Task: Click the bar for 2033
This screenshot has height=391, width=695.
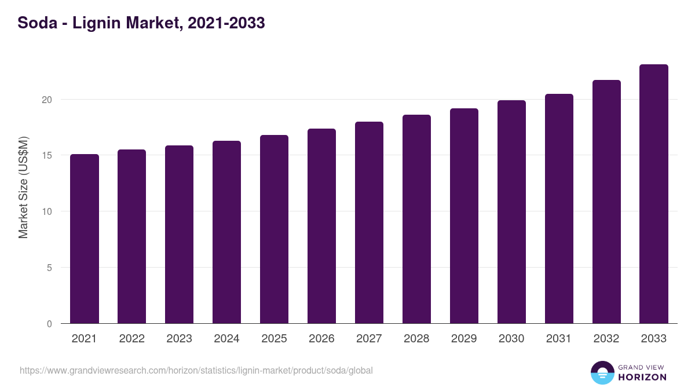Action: click(x=654, y=194)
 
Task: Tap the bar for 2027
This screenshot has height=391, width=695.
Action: click(x=369, y=222)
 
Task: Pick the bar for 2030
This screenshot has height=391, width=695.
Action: click(x=511, y=212)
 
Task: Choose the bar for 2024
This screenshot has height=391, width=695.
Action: click(x=226, y=232)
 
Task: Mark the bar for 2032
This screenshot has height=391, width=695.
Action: click(x=606, y=202)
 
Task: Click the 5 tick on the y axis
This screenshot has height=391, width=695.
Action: click(x=49, y=268)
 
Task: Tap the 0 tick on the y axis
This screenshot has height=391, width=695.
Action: click(x=49, y=324)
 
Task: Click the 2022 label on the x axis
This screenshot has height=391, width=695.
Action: click(x=131, y=339)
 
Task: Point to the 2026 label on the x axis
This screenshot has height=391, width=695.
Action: click(x=321, y=339)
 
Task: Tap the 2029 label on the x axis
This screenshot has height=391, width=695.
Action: click(x=464, y=339)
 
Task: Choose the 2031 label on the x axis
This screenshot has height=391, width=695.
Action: click(x=559, y=339)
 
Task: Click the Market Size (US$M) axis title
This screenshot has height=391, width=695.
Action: click(x=23, y=187)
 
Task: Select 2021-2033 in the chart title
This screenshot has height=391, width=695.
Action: click(x=226, y=23)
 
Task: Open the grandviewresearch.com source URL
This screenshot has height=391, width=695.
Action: click(x=196, y=370)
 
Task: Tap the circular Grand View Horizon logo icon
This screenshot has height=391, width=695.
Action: click(x=602, y=372)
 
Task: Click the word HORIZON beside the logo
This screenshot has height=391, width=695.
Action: click(x=642, y=377)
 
